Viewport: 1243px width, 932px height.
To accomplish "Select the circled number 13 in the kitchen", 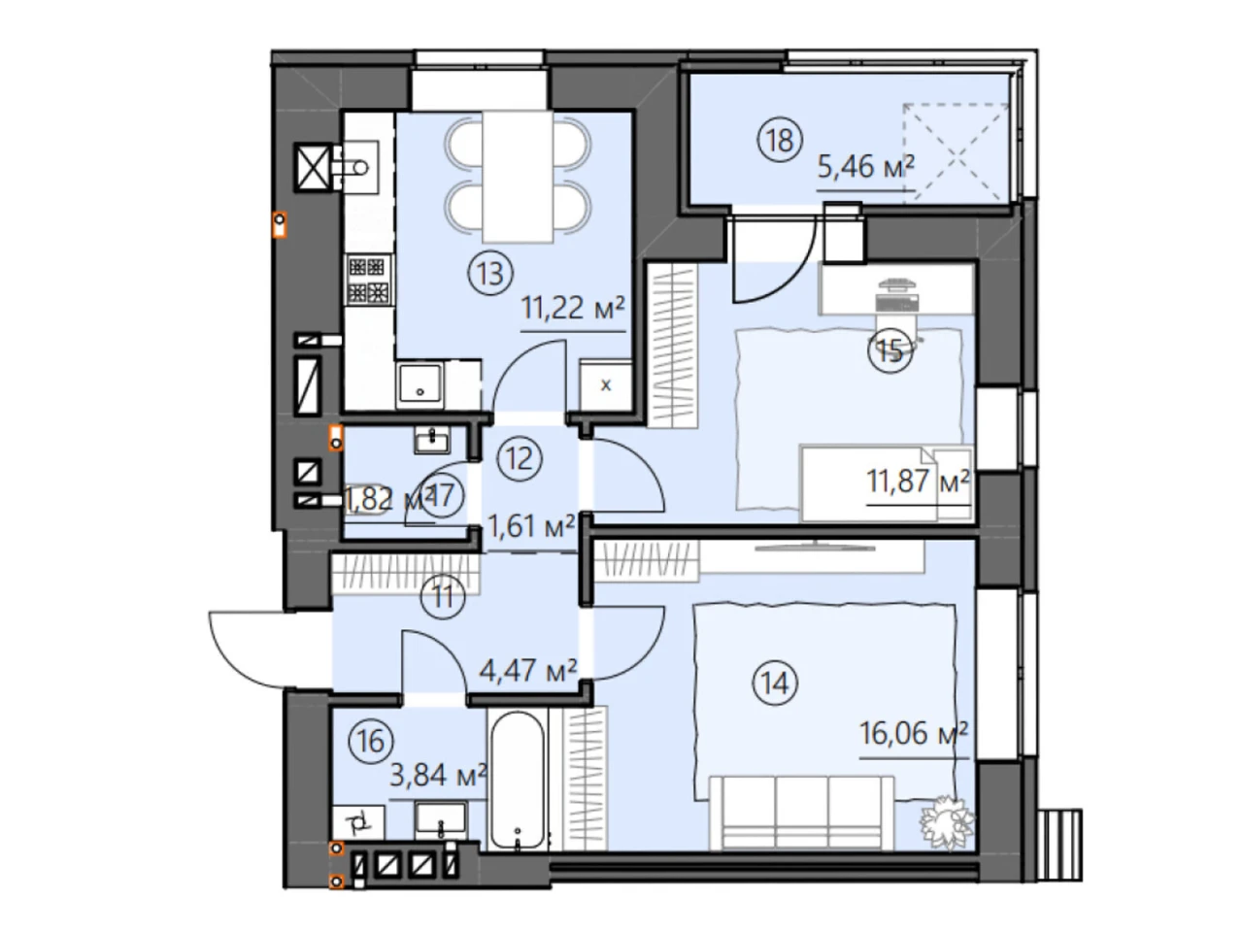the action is pos(489,274).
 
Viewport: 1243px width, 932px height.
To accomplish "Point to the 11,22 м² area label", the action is pos(573,308).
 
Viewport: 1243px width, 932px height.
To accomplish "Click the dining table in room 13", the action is pos(518,177).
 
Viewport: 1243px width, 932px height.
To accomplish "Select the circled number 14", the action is pos(775,683).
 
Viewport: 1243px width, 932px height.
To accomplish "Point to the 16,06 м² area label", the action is pos(914,733).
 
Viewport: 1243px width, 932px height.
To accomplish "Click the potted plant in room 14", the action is pos(947,821).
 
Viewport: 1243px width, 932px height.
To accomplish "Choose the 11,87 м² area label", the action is pos(918,481).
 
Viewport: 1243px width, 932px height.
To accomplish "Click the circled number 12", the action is pos(520,458).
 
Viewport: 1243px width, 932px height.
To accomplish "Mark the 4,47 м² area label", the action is pos(528,670).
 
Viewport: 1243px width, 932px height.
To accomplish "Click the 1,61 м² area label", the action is pos(531,525).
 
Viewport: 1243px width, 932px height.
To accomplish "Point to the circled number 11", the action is pos(443,596).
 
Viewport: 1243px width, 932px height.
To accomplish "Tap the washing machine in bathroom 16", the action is pos(358,822).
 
